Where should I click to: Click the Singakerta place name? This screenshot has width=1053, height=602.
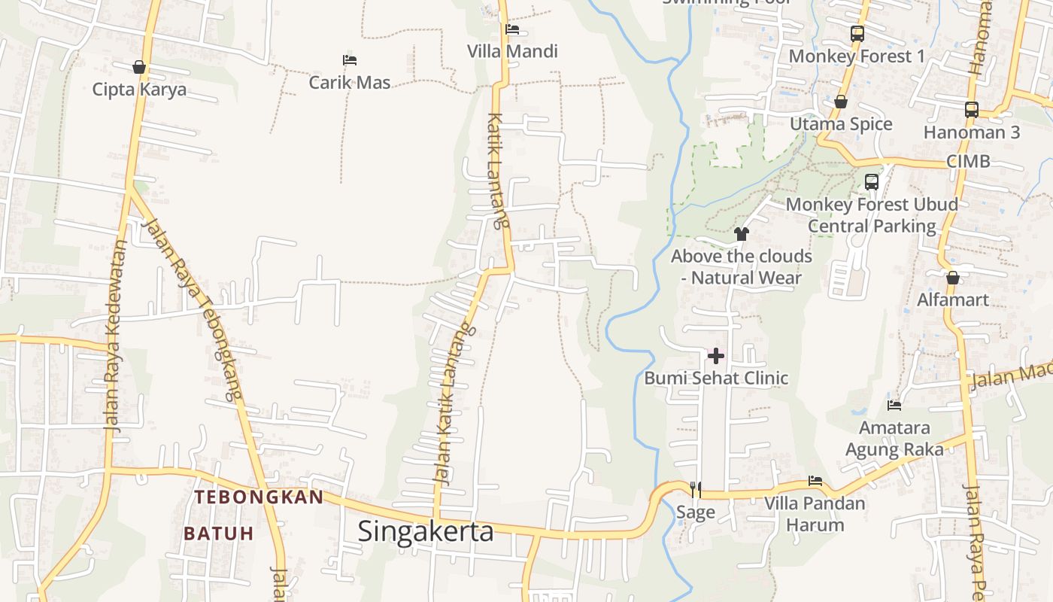(426, 531)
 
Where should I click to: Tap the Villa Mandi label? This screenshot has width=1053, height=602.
(512, 51)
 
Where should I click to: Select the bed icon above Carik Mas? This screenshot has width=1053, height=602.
(349, 59)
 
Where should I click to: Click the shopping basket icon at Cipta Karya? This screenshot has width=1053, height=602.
(139, 67)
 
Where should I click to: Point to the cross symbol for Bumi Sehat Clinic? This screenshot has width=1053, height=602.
(716, 355)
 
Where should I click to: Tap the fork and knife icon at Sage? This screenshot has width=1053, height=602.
(696, 489)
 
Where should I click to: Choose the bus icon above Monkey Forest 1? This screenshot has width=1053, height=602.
(857, 33)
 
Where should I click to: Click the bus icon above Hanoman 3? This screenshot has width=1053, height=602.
(971, 109)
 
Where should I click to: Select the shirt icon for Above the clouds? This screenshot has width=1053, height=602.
(741, 233)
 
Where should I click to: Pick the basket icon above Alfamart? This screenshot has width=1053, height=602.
(953, 278)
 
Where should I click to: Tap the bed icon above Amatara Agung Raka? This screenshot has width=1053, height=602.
(894, 405)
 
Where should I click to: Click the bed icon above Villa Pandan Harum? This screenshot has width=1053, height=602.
(815, 480)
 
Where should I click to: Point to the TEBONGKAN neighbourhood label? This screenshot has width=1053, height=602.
(259, 497)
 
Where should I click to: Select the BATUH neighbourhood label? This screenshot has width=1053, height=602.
(219, 534)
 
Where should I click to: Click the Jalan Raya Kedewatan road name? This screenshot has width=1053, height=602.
(114, 335)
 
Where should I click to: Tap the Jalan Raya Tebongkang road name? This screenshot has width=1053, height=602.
(193, 309)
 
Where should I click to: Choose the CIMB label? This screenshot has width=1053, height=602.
(968, 161)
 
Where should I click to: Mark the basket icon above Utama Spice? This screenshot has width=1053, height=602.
(841, 102)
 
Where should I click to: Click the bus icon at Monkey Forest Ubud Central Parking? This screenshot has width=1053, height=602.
(871, 181)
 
